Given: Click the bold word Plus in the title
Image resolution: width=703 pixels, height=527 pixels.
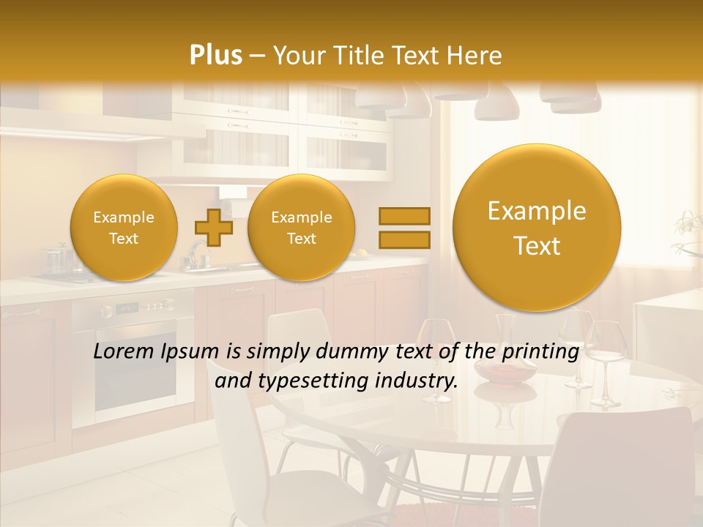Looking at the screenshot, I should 215,56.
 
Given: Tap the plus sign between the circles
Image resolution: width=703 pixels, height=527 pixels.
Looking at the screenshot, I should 213,228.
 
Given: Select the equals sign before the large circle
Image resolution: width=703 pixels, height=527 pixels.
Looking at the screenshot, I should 403,228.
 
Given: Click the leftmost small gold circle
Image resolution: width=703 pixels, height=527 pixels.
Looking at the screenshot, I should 124,228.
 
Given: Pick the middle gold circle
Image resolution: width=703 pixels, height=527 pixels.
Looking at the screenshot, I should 301,228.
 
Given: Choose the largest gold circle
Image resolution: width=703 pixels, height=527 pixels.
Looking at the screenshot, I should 537,228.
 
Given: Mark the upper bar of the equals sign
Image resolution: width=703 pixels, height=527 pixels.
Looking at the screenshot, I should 403,217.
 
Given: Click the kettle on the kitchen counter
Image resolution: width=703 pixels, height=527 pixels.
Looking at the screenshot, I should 57,260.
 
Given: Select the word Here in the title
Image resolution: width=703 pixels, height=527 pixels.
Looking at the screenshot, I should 475,56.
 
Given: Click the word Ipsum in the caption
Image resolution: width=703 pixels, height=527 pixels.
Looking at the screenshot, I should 194,352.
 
